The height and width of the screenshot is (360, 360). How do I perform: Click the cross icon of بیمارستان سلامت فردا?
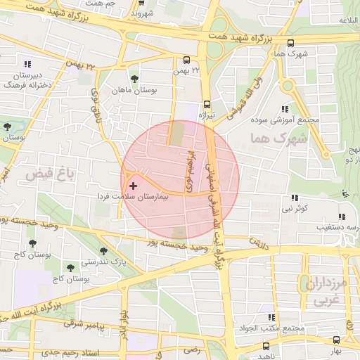(x=134, y=186)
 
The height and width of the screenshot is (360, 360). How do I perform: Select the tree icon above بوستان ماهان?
(x=134, y=79)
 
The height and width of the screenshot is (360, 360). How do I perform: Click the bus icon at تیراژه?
(x=207, y=103)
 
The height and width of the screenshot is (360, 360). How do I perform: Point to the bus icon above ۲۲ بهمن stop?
(x=186, y=60)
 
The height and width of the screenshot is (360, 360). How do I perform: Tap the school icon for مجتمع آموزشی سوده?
(x=285, y=109)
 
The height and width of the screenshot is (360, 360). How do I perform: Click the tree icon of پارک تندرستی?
(x=103, y=251)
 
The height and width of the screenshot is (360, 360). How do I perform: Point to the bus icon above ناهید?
(x=265, y=346)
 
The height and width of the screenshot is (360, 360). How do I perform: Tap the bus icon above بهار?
(x=336, y=339)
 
